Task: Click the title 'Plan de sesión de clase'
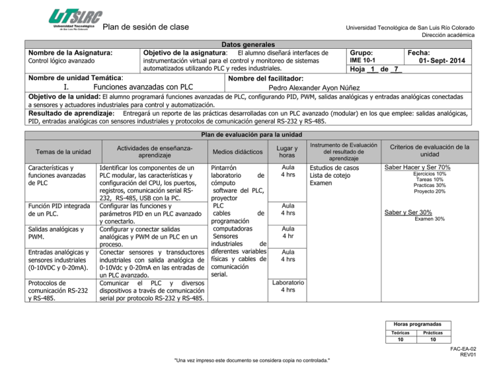146,27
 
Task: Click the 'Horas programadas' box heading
431,324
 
